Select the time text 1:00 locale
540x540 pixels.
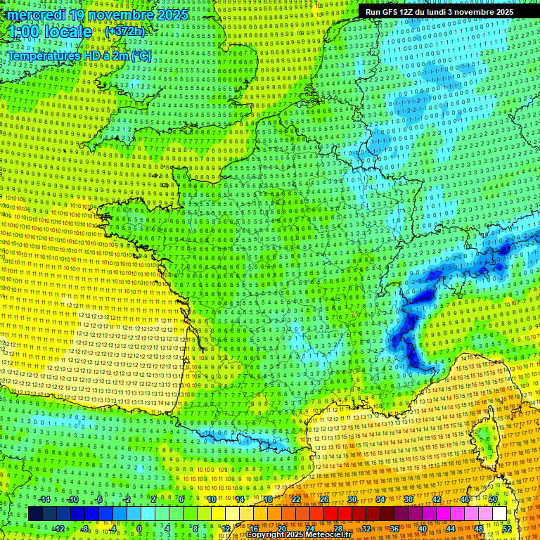(50, 32)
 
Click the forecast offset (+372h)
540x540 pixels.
(124, 32)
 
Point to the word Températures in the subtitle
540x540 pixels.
(43, 56)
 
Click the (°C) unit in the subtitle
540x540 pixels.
(140, 56)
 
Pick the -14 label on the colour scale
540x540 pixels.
(44, 499)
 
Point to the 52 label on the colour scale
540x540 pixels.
(507, 529)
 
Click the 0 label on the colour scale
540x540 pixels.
(139, 529)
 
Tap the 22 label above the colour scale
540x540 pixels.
(296, 499)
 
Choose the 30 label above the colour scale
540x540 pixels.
(352, 499)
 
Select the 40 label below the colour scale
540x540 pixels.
(423, 529)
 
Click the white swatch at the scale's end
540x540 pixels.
(499, 514)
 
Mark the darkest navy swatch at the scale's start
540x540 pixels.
(35, 514)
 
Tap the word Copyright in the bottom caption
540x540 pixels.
(264, 535)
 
